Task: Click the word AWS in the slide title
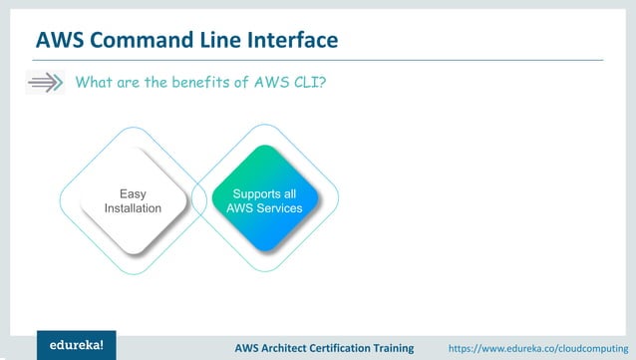coord(60,40)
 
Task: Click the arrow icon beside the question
coord(44,83)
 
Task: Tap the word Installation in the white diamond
coord(133,208)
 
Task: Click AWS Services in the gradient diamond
coord(264,208)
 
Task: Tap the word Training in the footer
coord(410,347)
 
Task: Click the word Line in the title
coord(213,40)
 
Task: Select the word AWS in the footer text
coord(248,347)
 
